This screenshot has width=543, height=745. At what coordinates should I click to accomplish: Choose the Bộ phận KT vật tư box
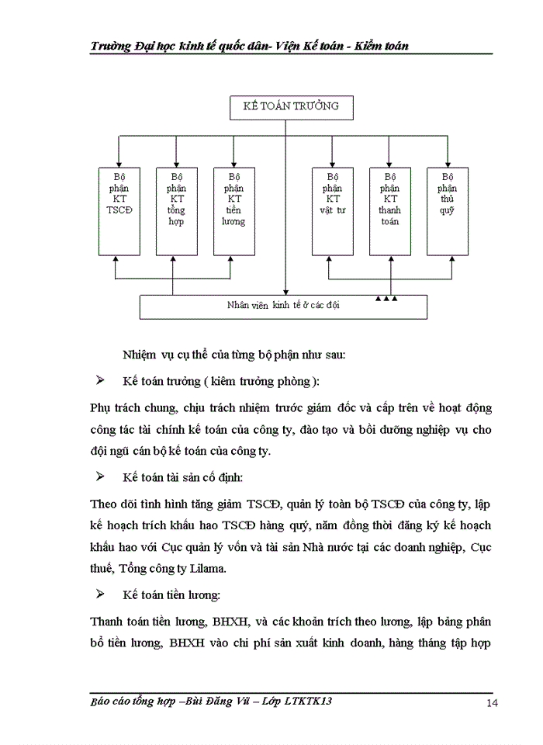tap(332, 210)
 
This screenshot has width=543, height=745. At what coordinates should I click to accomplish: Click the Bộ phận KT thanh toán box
tap(389, 210)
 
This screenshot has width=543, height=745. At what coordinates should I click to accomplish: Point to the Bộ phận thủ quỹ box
tap(447, 210)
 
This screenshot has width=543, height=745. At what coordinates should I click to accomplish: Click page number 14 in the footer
tap(492, 703)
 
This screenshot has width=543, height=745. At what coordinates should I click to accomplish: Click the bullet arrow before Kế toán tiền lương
tap(99, 594)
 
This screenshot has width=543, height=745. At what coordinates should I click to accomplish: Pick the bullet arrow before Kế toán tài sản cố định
tap(99, 475)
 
